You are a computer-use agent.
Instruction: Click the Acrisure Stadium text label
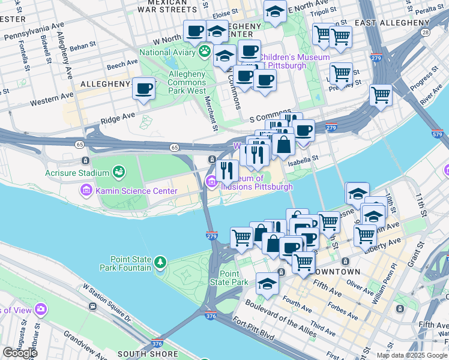(x=77, y=173)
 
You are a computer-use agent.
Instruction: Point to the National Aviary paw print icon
(x=205, y=52)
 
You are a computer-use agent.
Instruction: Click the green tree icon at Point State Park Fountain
(x=160, y=262)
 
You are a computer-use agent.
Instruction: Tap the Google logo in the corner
(x=20, y=353)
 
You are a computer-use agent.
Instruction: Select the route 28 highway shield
(x=425, y=32)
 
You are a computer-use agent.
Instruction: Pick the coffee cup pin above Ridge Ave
(x=143, y=89)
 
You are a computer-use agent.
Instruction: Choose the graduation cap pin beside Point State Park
(x=267, y=284)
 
